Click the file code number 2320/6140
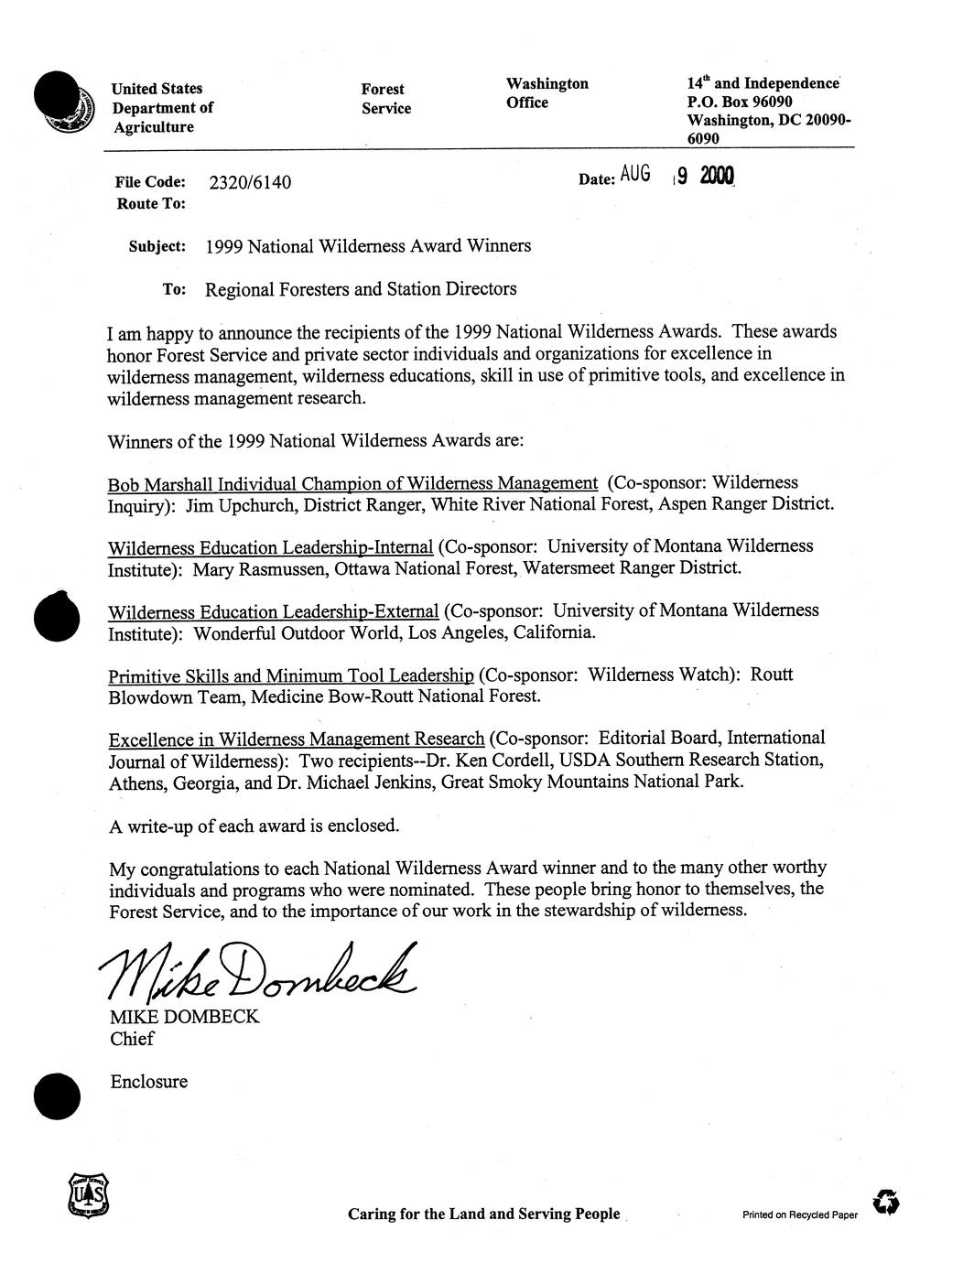(x=250, y=183)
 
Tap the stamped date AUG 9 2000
(x=677, y=177)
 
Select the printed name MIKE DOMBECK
(x=184, y=1017)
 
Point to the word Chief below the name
(x=132, y=1039)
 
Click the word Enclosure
(x=148, y=1082)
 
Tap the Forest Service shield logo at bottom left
(x=87, y=1194)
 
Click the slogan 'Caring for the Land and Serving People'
(x=483, y=1214)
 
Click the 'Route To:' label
(x=151, y=204)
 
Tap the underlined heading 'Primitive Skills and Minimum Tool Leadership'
(x=290, y=676)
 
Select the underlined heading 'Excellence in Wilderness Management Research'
(x=296, y=739)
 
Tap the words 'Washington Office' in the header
(x=547, y=93)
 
